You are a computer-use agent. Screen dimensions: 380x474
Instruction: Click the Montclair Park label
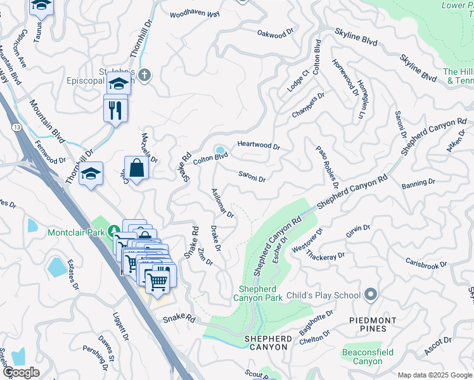[x=75, y=232]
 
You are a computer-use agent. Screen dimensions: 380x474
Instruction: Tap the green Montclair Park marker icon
[x=113, y=231]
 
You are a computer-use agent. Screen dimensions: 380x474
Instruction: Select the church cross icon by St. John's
[x=144, y=76]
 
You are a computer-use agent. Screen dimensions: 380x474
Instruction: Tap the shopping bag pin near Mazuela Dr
[x=136, y=168]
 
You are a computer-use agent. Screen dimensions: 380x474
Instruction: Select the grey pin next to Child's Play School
[x=371, y=294]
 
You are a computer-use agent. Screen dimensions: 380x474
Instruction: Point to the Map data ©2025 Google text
[x=434, y=375]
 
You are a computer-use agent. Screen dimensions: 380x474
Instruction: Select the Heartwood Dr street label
[x=259, y=145]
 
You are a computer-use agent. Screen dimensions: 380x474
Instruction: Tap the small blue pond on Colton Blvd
[x=220, y=149]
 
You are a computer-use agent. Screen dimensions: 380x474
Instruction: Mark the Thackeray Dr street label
[x=325, y=255]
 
